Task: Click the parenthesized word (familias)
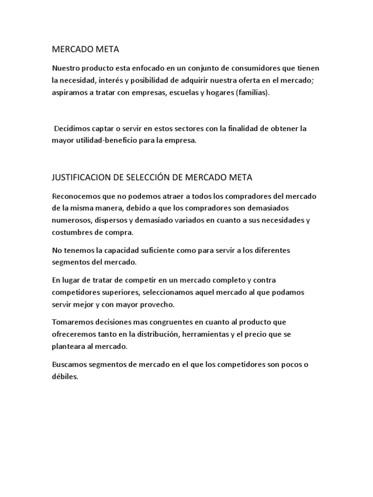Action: click(x=252, y=92)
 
